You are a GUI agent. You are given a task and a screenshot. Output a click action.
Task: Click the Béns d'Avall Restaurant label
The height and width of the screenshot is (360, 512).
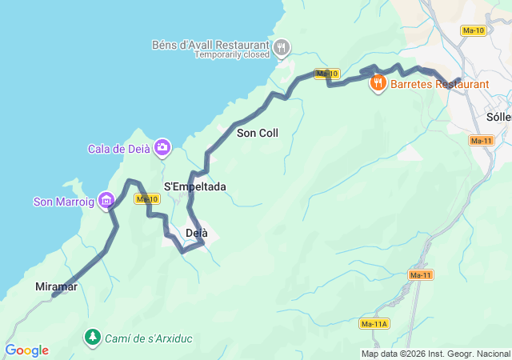click(210, 44)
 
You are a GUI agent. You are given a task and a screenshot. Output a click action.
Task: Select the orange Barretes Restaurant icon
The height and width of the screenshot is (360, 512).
click(378, 82)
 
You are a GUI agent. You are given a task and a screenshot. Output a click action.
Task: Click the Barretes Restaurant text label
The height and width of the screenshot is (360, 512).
click(439, 83)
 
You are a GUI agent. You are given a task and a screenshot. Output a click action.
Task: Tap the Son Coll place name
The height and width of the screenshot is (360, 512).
click(258, 133)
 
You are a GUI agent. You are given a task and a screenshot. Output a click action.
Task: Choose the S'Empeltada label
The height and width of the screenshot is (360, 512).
click(194, 186)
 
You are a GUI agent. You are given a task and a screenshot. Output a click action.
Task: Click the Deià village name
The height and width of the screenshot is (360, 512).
click(196, 233)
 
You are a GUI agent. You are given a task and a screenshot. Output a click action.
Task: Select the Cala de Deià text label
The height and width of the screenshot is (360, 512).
click(119, 148)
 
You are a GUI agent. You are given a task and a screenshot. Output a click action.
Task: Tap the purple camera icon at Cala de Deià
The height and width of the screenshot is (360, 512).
click(162, 146)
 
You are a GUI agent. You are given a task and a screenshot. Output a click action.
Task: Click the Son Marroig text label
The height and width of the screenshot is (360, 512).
click(63, 202)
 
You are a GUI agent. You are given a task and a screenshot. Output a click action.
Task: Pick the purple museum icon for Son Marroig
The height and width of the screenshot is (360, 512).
click(105, 199)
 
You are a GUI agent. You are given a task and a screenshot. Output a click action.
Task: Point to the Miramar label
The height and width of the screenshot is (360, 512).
click(56, 286)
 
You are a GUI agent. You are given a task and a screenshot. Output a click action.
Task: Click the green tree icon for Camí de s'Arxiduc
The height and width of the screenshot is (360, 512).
click(93, 338)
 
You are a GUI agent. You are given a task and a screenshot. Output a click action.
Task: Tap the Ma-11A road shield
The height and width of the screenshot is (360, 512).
click(374, 324)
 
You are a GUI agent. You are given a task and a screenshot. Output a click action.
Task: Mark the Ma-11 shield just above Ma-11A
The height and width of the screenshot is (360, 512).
click(420, 274)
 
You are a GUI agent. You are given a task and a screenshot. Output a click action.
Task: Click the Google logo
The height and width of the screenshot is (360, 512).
click(26, 350)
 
